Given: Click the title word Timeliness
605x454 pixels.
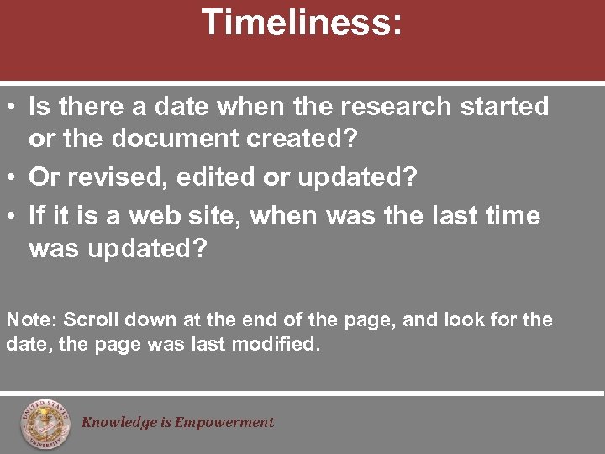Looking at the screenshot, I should (x=302, y=23).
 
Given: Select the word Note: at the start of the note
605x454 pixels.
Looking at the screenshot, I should (x=31, y=320).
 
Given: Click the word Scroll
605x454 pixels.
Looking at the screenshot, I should (x=91, y=320).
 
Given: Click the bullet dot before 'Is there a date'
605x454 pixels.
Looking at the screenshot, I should (x=13, y=108).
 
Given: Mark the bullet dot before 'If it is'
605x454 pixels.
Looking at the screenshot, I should (x=13, y=217).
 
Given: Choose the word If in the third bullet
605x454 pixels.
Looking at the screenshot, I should (x=37, y=216).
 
